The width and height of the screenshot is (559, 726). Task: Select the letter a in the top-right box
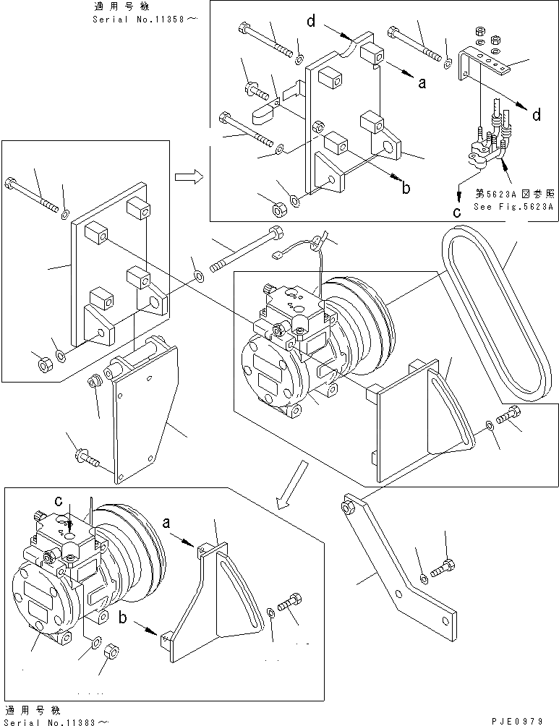[422, 83]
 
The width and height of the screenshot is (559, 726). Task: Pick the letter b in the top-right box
[406, 188]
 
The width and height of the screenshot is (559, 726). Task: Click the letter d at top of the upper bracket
[310, 21]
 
